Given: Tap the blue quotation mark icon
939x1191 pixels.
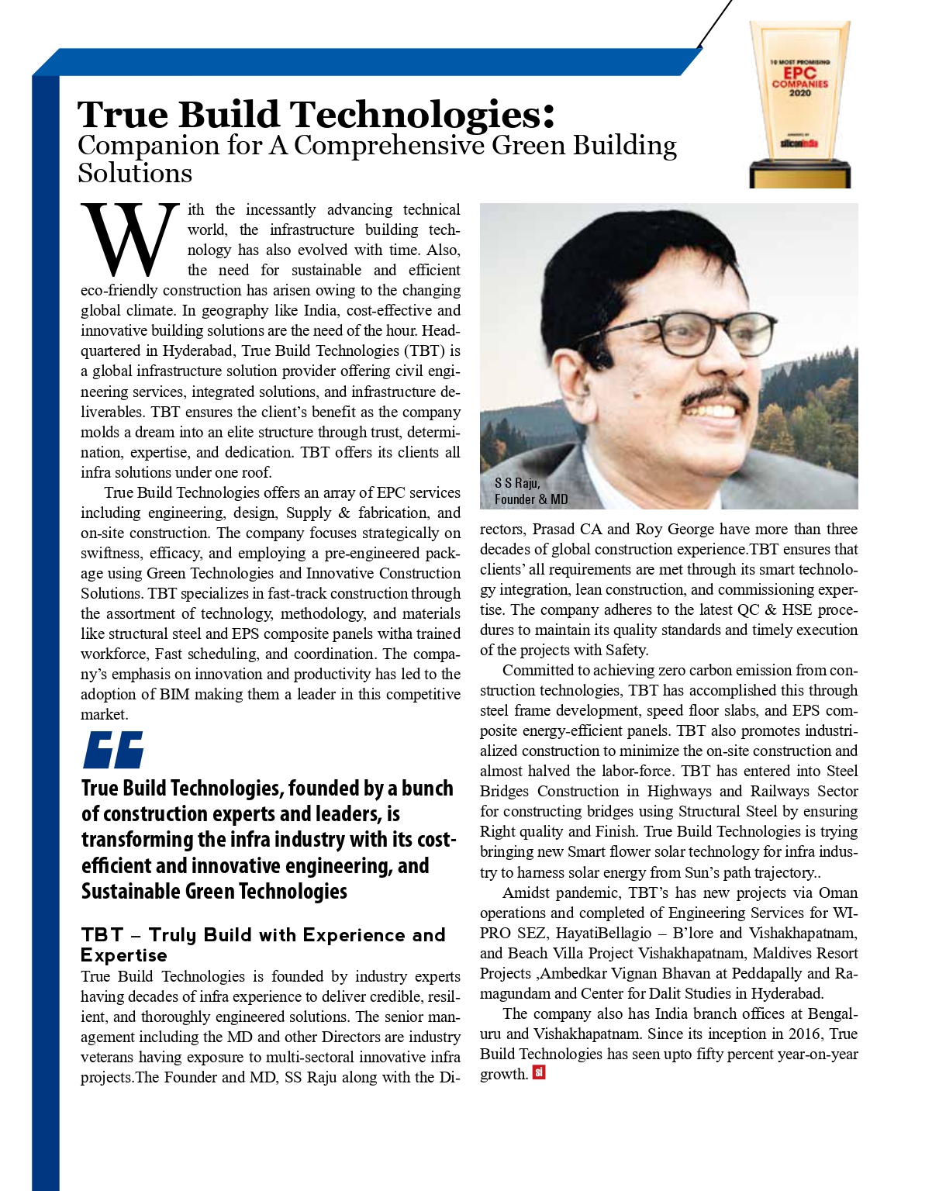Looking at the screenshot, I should tap(114, 750).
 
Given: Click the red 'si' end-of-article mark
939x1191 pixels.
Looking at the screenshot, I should tap(539, 1073).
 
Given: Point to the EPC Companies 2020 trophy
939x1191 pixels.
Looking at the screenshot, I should tap(799, 105).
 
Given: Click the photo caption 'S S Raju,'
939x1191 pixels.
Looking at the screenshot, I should tap(517, 483).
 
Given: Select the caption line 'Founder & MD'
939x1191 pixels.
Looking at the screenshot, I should tap(531, 499).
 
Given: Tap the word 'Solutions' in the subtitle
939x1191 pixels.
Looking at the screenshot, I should tap(135, 173).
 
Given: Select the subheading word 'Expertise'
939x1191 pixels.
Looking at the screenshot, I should tap(124, 955).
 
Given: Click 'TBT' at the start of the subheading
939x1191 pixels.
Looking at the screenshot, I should tap(102, 935).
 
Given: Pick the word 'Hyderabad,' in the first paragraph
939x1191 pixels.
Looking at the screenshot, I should tap(195, 350).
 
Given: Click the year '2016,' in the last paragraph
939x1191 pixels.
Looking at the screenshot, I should tap(806, 1034).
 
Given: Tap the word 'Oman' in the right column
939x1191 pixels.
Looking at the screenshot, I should tap(838, 892).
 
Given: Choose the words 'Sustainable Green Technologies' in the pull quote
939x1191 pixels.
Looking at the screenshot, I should tap(214, 892).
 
